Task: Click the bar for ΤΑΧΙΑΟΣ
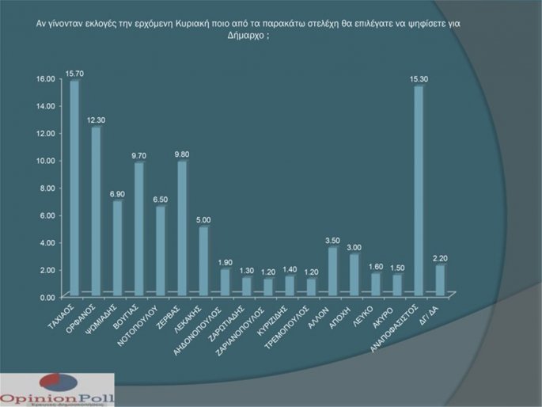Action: pyautogui.click(x=75, y=188)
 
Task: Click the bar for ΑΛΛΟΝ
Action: pyautogui.click(x=333, y=272)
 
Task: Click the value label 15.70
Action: pyautogui.click(x=75, y=73)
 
